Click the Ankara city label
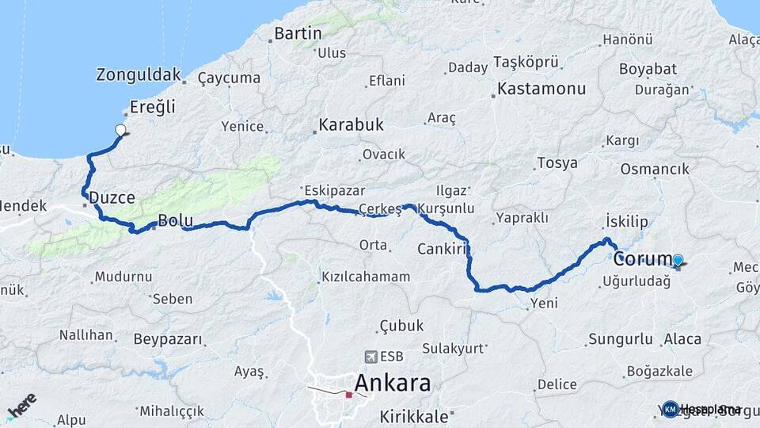[393, 384]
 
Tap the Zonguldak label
[139, 75]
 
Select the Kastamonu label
[542, 88]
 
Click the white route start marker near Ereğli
[120, 130]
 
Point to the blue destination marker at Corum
[678, 260]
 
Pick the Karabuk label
[351, 124]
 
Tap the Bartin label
[298, 33]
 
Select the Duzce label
[112, 197]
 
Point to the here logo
[21, 405]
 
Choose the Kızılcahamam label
[366, 277]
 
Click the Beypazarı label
[168, 339]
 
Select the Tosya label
[557, 163]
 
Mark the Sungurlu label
[621, 339]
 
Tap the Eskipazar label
[326, 191]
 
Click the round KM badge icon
[671, 409]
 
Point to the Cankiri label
[440, 250]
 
